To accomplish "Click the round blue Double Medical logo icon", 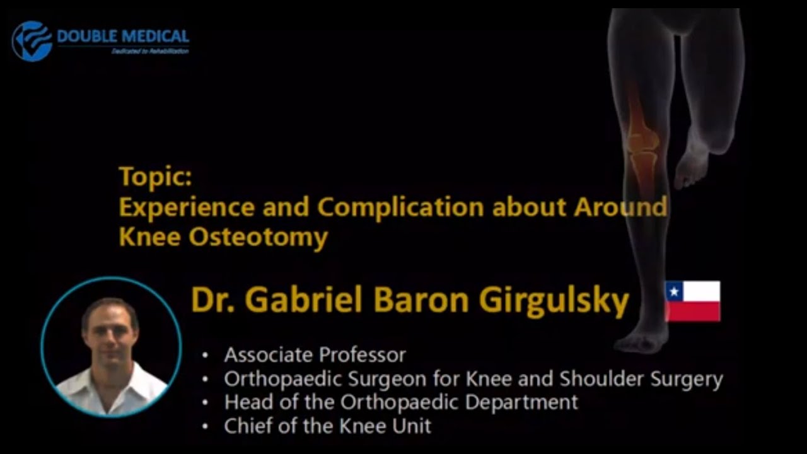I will pyautogui.click(x=32, y=41).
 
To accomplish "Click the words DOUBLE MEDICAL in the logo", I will pyautogui.click(x=123, y=36).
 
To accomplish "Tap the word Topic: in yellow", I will pyautogui.click(x=155, y=177).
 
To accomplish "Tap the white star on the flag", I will pyautogui.click(x=675, y=291).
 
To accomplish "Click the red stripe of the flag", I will pyautogui.click(x=693, y=311).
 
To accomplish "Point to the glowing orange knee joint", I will pyautogui.click(x=642, y=139).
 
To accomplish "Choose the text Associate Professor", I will pyautogui.click(x=315, y=355).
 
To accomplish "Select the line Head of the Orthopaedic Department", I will pyautogui.click(x=401, y=402).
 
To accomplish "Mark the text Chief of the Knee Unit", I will pyautogui.click(x=327, y=426).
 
